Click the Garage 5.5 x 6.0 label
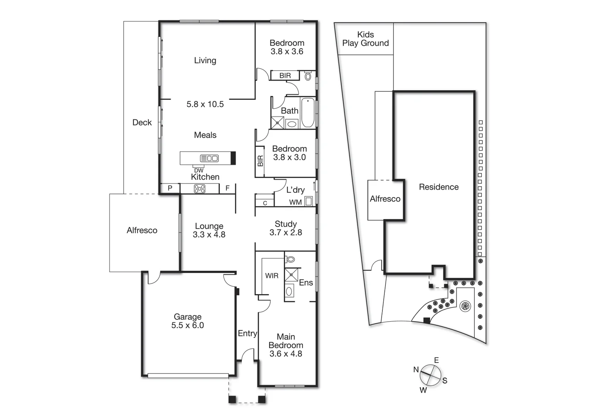click(x=187, y=321)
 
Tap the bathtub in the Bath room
click(x=308, y=113)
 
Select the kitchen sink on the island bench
click(x=209, y=158)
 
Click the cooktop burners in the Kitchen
click(x=199, y=189)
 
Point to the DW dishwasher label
click(x=199, y=171)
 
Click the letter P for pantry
click(x=170, y=188)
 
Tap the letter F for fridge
click(x=228, y=188)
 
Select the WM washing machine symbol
click(x=308, y=201)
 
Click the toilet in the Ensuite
click(x=290, y=259)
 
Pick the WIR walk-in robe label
click(x=271, y=276)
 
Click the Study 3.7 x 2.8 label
click(x=285, y=228)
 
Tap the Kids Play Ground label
click(x=365, y=39)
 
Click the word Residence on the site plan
click(x=439, y=187)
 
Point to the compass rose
click(x=430, y=375)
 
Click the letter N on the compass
click(x=416, y=370)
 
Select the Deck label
click(x=142, y=123)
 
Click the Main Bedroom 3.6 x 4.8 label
click(x=286, y=345)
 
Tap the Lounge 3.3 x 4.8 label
click(x=209, y=230)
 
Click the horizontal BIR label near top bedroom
click(x=285, y=76)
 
